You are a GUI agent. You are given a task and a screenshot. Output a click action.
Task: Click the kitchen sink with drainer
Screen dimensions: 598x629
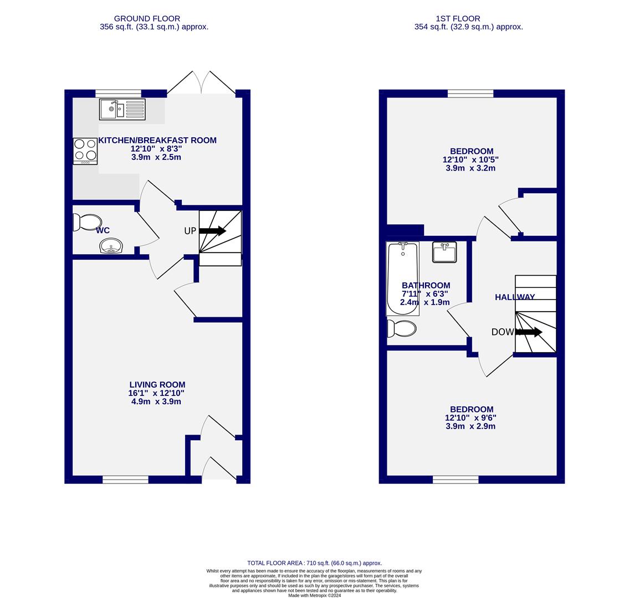[122, 109]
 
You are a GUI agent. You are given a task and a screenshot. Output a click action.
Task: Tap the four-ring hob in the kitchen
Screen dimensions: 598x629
[85, 151]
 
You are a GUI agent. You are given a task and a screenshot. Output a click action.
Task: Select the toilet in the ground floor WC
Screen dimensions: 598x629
[86, 223]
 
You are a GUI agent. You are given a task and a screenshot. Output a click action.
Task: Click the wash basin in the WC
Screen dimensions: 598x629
[111, 246]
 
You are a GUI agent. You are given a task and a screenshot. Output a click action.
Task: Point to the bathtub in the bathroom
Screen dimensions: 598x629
[402, 278]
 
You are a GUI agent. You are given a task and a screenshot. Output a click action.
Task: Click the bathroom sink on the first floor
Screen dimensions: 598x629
[444, 252]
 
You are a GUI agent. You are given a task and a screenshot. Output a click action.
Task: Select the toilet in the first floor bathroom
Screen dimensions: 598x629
[402, 328]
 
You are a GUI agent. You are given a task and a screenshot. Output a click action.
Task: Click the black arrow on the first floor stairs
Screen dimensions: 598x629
[529, 332]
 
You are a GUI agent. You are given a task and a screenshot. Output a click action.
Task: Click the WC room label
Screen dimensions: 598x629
[103, 230]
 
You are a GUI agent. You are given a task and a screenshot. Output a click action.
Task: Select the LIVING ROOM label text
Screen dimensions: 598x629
[157, 385]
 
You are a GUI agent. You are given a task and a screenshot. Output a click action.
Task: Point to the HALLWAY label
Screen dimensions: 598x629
[515, 297]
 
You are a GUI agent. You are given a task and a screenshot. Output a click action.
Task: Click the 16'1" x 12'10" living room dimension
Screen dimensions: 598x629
[156, 393]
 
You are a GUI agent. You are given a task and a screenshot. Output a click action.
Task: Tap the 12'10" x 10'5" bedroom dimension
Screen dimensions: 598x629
[471, 160]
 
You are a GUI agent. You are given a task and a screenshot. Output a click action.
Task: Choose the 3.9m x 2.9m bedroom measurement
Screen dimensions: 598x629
[471, 426]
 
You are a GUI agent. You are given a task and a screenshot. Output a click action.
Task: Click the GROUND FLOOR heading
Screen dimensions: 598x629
[147, 19]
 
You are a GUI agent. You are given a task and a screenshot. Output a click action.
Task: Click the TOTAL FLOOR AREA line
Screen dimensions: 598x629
[314, 563]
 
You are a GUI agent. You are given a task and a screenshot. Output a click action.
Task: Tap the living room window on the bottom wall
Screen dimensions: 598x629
[125, 480]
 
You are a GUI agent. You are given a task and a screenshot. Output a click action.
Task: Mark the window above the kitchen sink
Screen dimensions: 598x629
[118, 94]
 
